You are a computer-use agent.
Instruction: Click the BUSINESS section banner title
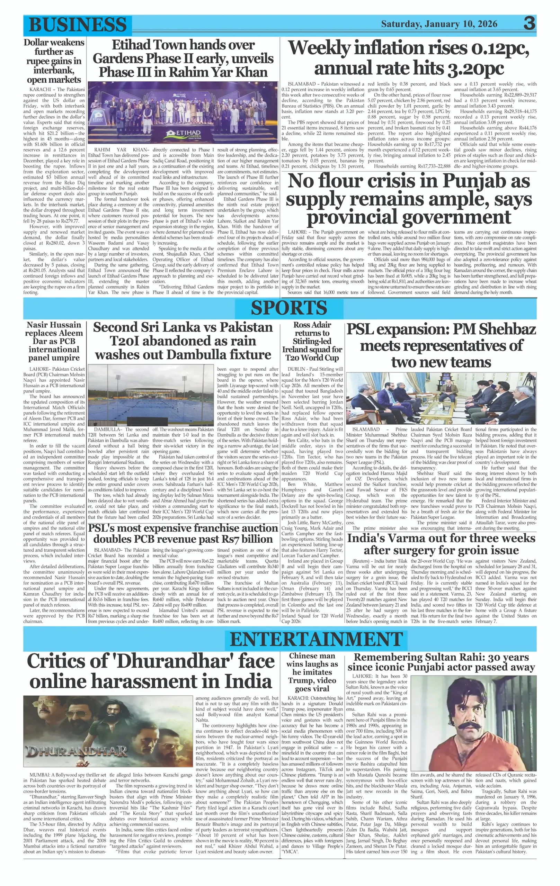point(77,25)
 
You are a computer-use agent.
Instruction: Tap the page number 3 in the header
point(529,24)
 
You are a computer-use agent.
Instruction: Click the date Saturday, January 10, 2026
point(439,24)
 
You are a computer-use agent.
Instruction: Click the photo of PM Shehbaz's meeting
point(441,398)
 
